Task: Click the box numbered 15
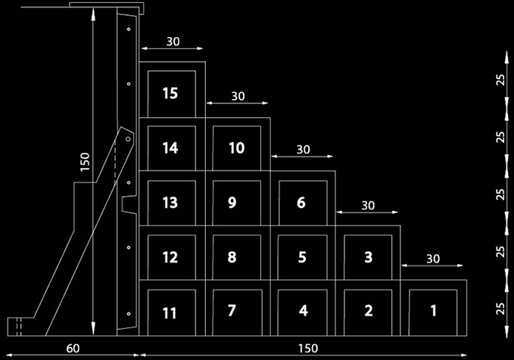171,94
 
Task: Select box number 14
171,148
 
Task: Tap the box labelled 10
236,148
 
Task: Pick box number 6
301,203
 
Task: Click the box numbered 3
368,257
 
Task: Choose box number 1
433,311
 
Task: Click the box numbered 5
301,257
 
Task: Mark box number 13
171,203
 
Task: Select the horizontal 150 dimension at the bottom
307,349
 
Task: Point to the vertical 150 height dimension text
85,163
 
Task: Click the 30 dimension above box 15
173,42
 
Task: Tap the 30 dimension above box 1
433,259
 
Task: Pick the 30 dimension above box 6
303,150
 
